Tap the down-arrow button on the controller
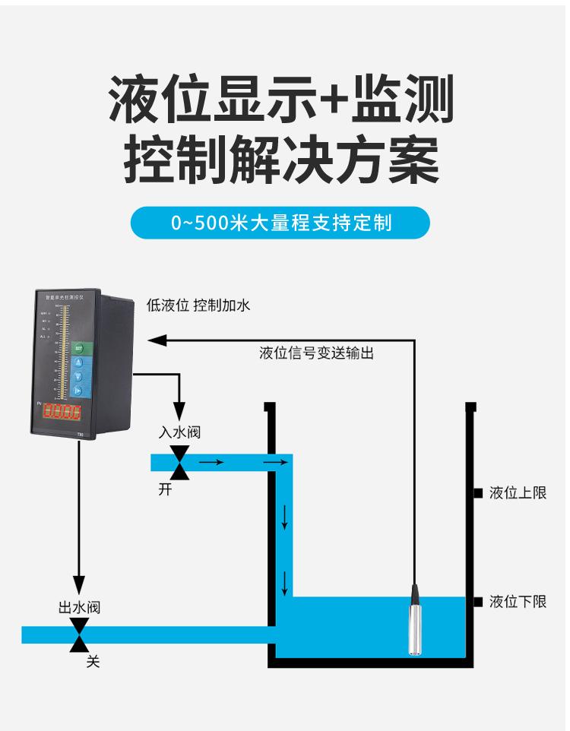(78, 376)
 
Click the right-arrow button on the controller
(78, 391)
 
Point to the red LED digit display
(62, 413)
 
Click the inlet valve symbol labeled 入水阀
(180, 462)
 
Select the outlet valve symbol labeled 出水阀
(79, 634)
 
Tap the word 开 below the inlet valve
(165, 489)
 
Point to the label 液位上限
(518, 493)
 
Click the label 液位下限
(518, 602)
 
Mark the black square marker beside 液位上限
(479, 493)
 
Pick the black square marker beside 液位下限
(479, 602)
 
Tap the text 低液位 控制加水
(198, 305)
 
